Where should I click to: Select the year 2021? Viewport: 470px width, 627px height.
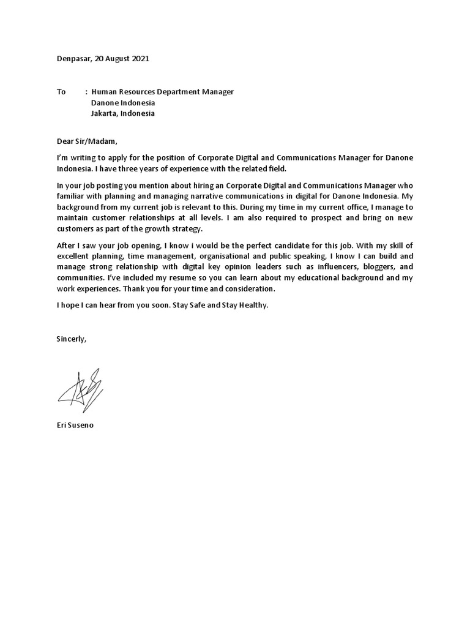tap(139, 59)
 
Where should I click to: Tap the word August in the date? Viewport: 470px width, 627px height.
tap(116, 59)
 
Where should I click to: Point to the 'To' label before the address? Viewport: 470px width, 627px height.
tap(61, 92)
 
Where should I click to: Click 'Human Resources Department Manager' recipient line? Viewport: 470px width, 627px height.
tap(162, 92)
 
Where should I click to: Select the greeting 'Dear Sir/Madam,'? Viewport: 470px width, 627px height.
tap(86, 141)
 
